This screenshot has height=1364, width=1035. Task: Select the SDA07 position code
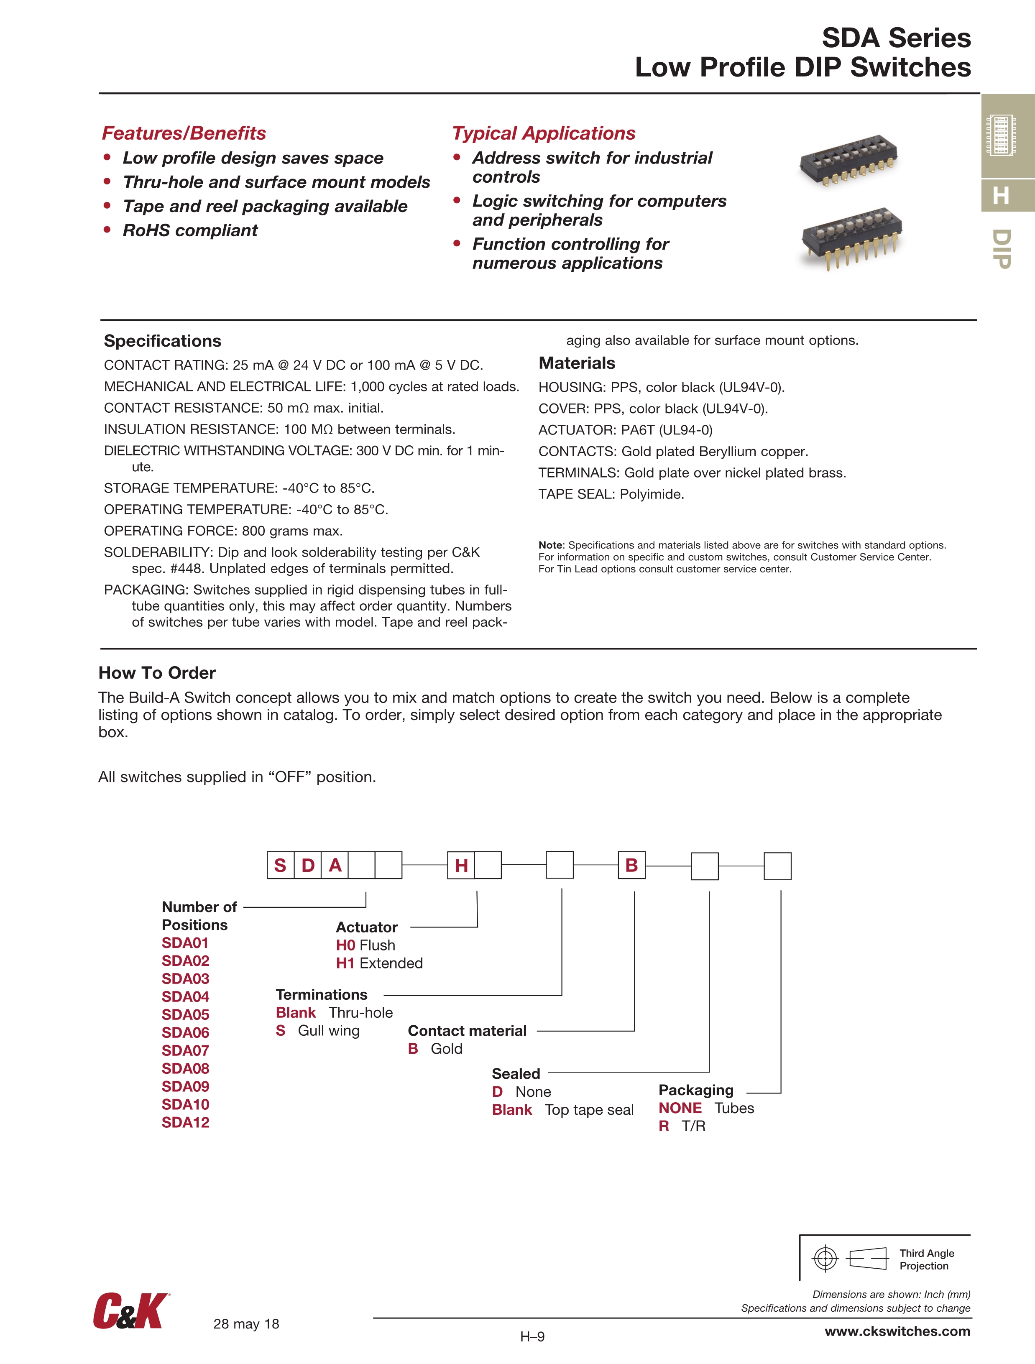click(x=185, y=1050)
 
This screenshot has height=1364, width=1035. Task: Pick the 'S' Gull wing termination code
click(x=281, y=1030)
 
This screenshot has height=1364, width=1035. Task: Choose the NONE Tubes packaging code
click(x=680, y=1108)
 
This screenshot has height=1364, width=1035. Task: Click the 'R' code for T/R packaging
click(x=664, y=1126)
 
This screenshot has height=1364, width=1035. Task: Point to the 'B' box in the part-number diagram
click(x=631, y=865)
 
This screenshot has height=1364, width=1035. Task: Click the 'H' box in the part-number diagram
click(x=461, y=865)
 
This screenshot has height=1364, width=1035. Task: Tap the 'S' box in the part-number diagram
click(x=280, y=865)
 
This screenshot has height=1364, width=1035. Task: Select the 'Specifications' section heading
click(x=162, y=341)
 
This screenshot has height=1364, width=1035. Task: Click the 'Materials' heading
click(x=577, y=363)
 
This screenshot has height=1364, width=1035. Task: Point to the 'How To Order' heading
click(x=157, y=673)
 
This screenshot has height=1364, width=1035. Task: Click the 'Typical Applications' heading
click(x=543, y=133)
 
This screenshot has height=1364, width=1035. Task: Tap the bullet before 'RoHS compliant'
click(x=107, y=230)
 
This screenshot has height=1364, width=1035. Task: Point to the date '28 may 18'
click(x=246, y=1324)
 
